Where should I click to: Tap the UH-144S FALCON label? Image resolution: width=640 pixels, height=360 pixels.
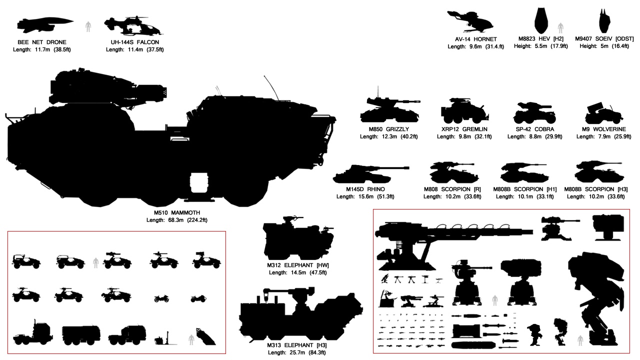click(135, 42)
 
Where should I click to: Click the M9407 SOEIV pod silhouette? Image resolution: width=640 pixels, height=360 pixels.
click(604, 20)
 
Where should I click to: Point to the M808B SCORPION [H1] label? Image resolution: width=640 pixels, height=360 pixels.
click(524, 189)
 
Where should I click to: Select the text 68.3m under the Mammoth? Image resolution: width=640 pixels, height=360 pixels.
click(175, 220)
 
